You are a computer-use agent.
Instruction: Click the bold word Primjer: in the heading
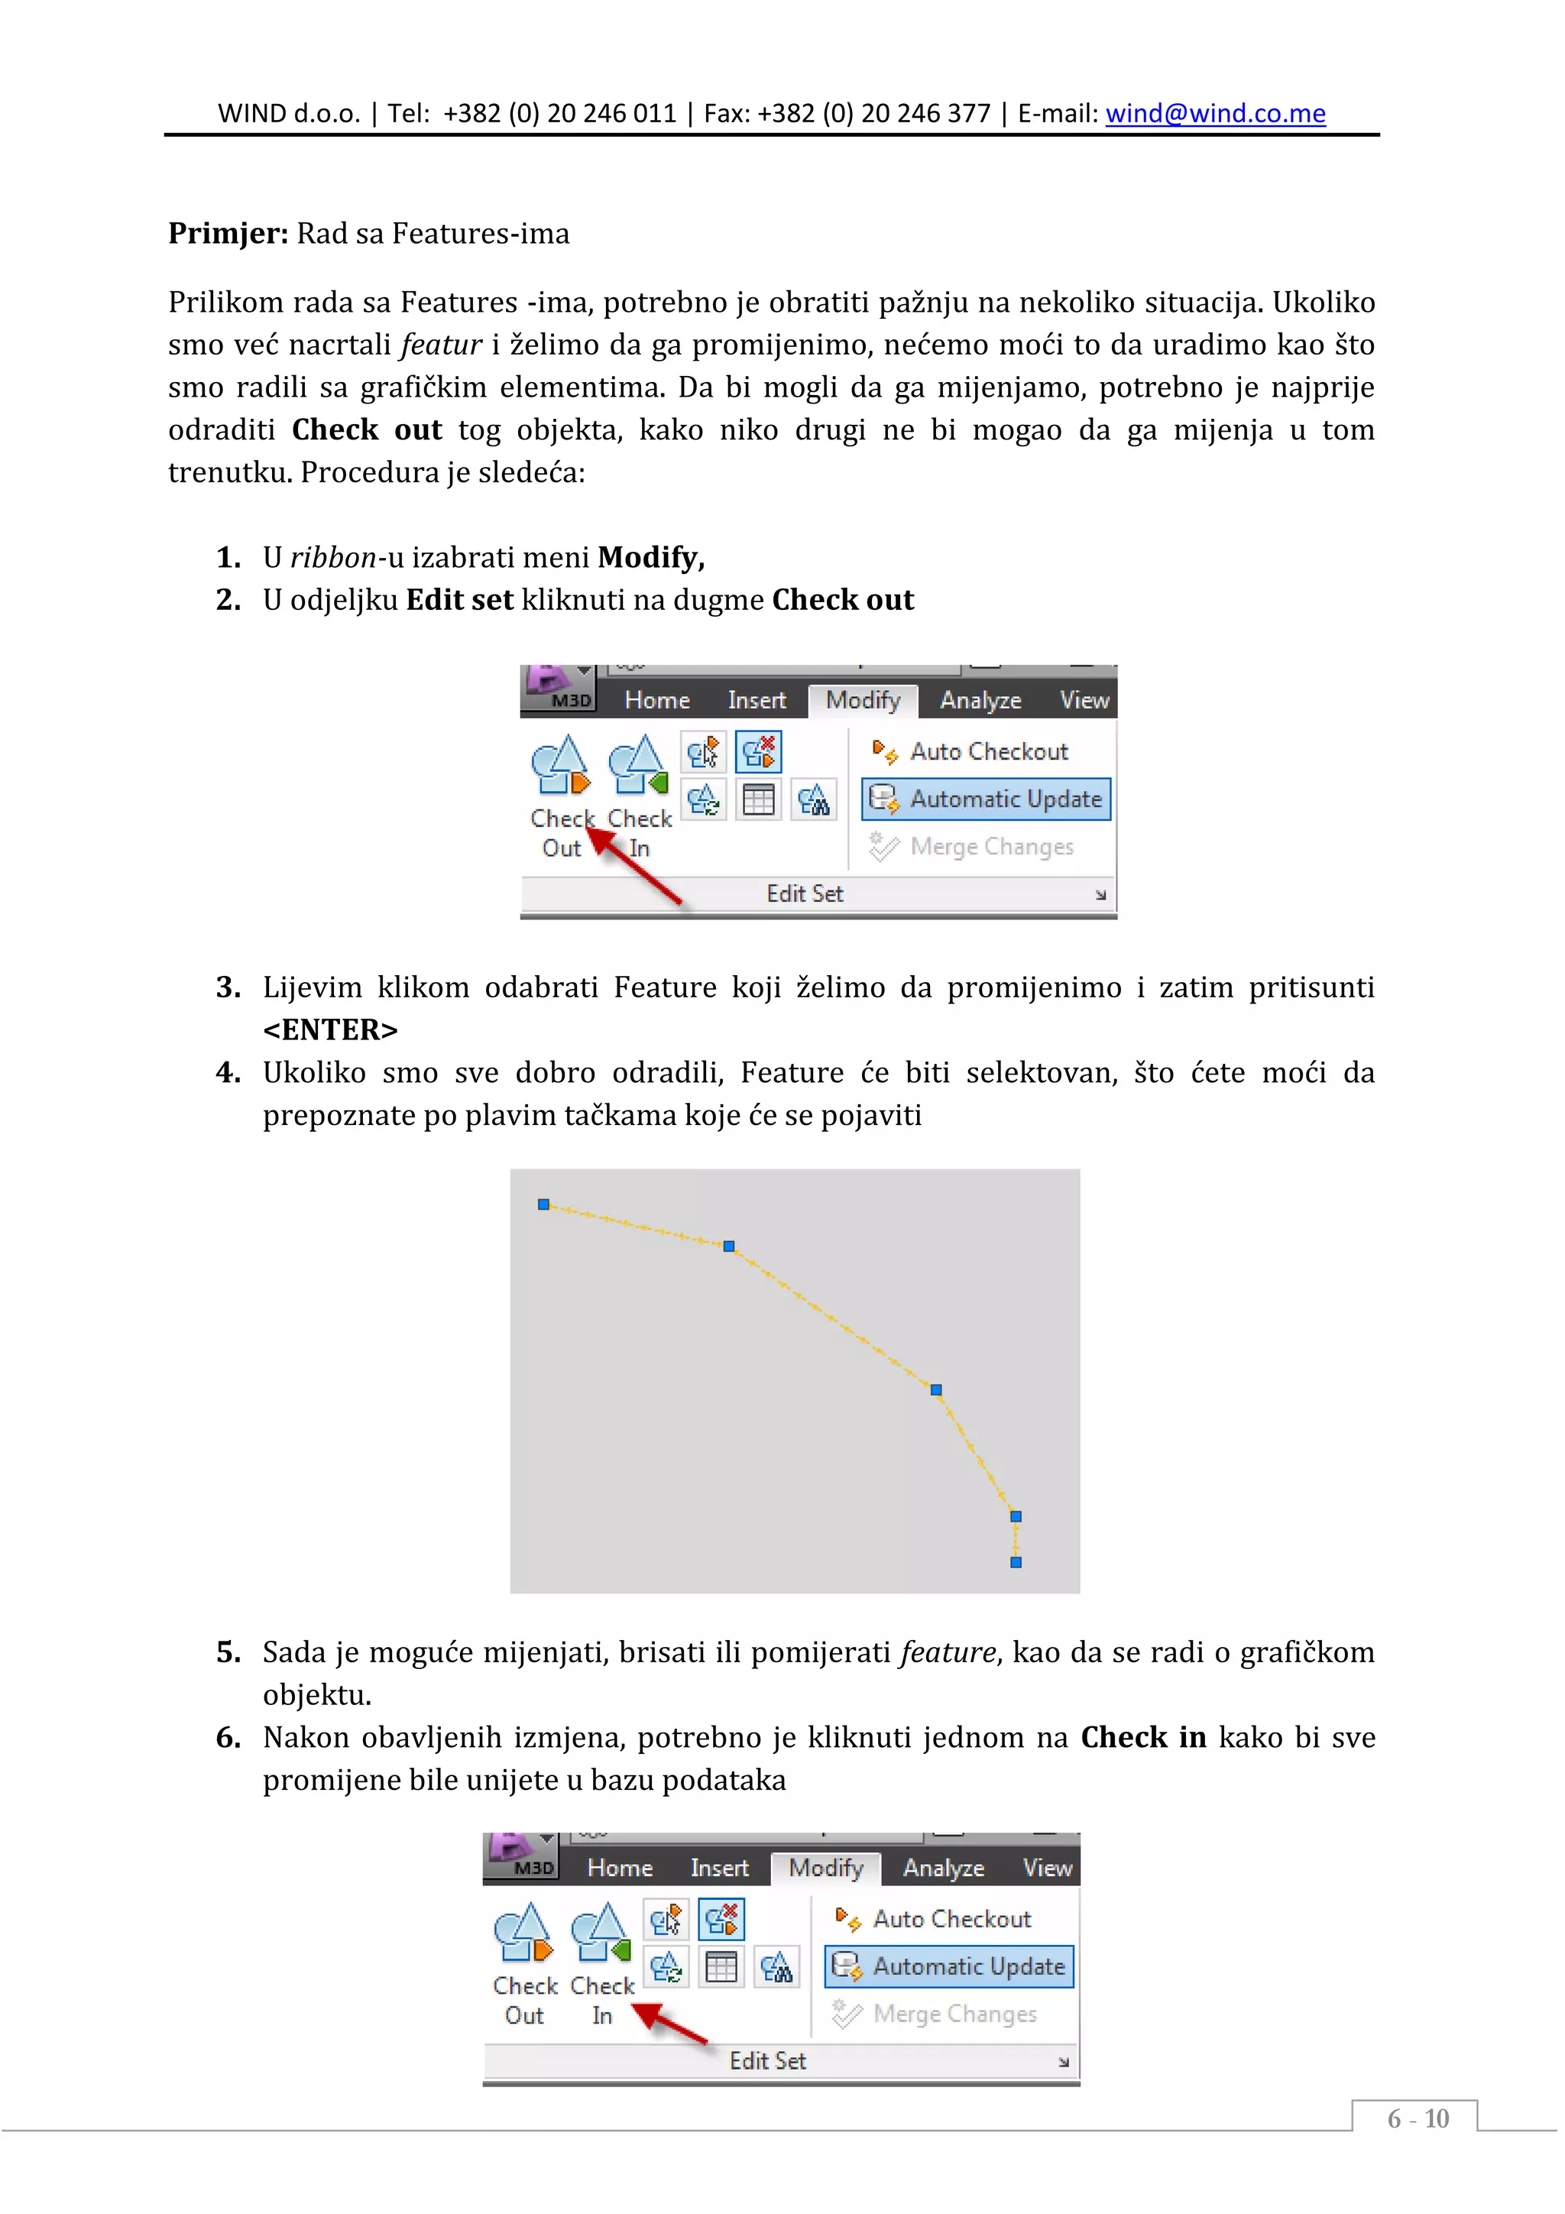pos(228,233)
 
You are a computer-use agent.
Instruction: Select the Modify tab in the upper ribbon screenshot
pos(862,700)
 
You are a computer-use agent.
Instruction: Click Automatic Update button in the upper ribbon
pos(987,799)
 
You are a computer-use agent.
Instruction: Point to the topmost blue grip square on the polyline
pos(544,1204)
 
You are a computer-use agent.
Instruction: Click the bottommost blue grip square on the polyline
pos(1016,1562)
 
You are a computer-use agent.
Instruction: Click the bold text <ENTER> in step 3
pos(330,1030)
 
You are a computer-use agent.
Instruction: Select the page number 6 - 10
pos(1417,2118)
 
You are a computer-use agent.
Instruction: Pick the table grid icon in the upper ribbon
pos(759,800)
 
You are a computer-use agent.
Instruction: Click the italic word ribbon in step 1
pos(332,557)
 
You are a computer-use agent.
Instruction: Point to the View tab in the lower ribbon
pos(1046,1868)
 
